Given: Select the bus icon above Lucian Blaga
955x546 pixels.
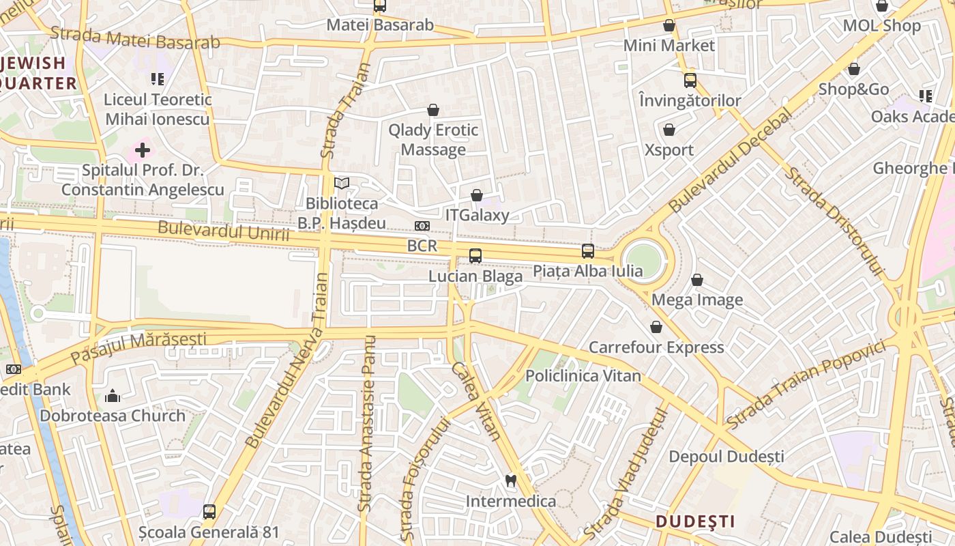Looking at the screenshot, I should pos(475,256).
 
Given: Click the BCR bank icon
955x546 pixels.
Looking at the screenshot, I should pos(422,226).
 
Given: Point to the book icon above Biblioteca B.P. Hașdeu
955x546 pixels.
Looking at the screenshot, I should pos(342,184).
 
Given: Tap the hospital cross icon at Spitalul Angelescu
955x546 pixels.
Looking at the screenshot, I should pos(143,149).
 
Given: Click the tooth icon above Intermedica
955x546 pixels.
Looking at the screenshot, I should pos(510,480).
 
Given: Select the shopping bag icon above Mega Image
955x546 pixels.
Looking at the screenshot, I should pos(697,280).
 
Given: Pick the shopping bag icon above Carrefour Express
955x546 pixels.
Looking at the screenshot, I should pos(656,328).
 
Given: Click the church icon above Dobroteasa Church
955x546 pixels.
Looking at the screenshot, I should pos(113,396).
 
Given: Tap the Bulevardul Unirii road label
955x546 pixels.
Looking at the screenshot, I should pos(224,231).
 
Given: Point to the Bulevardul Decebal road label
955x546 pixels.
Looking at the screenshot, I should pos(731,159).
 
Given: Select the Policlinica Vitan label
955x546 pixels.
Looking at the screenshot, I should pos(583,376).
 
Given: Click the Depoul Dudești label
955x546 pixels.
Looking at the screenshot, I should pos(726,456).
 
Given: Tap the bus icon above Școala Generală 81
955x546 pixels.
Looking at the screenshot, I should pos(209,511).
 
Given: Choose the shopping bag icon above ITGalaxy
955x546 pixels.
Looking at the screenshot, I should pos(477,196).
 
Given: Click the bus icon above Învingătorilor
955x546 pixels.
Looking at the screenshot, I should pos(690,81).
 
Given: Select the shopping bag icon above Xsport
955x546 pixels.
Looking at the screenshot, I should pos(669,130).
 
